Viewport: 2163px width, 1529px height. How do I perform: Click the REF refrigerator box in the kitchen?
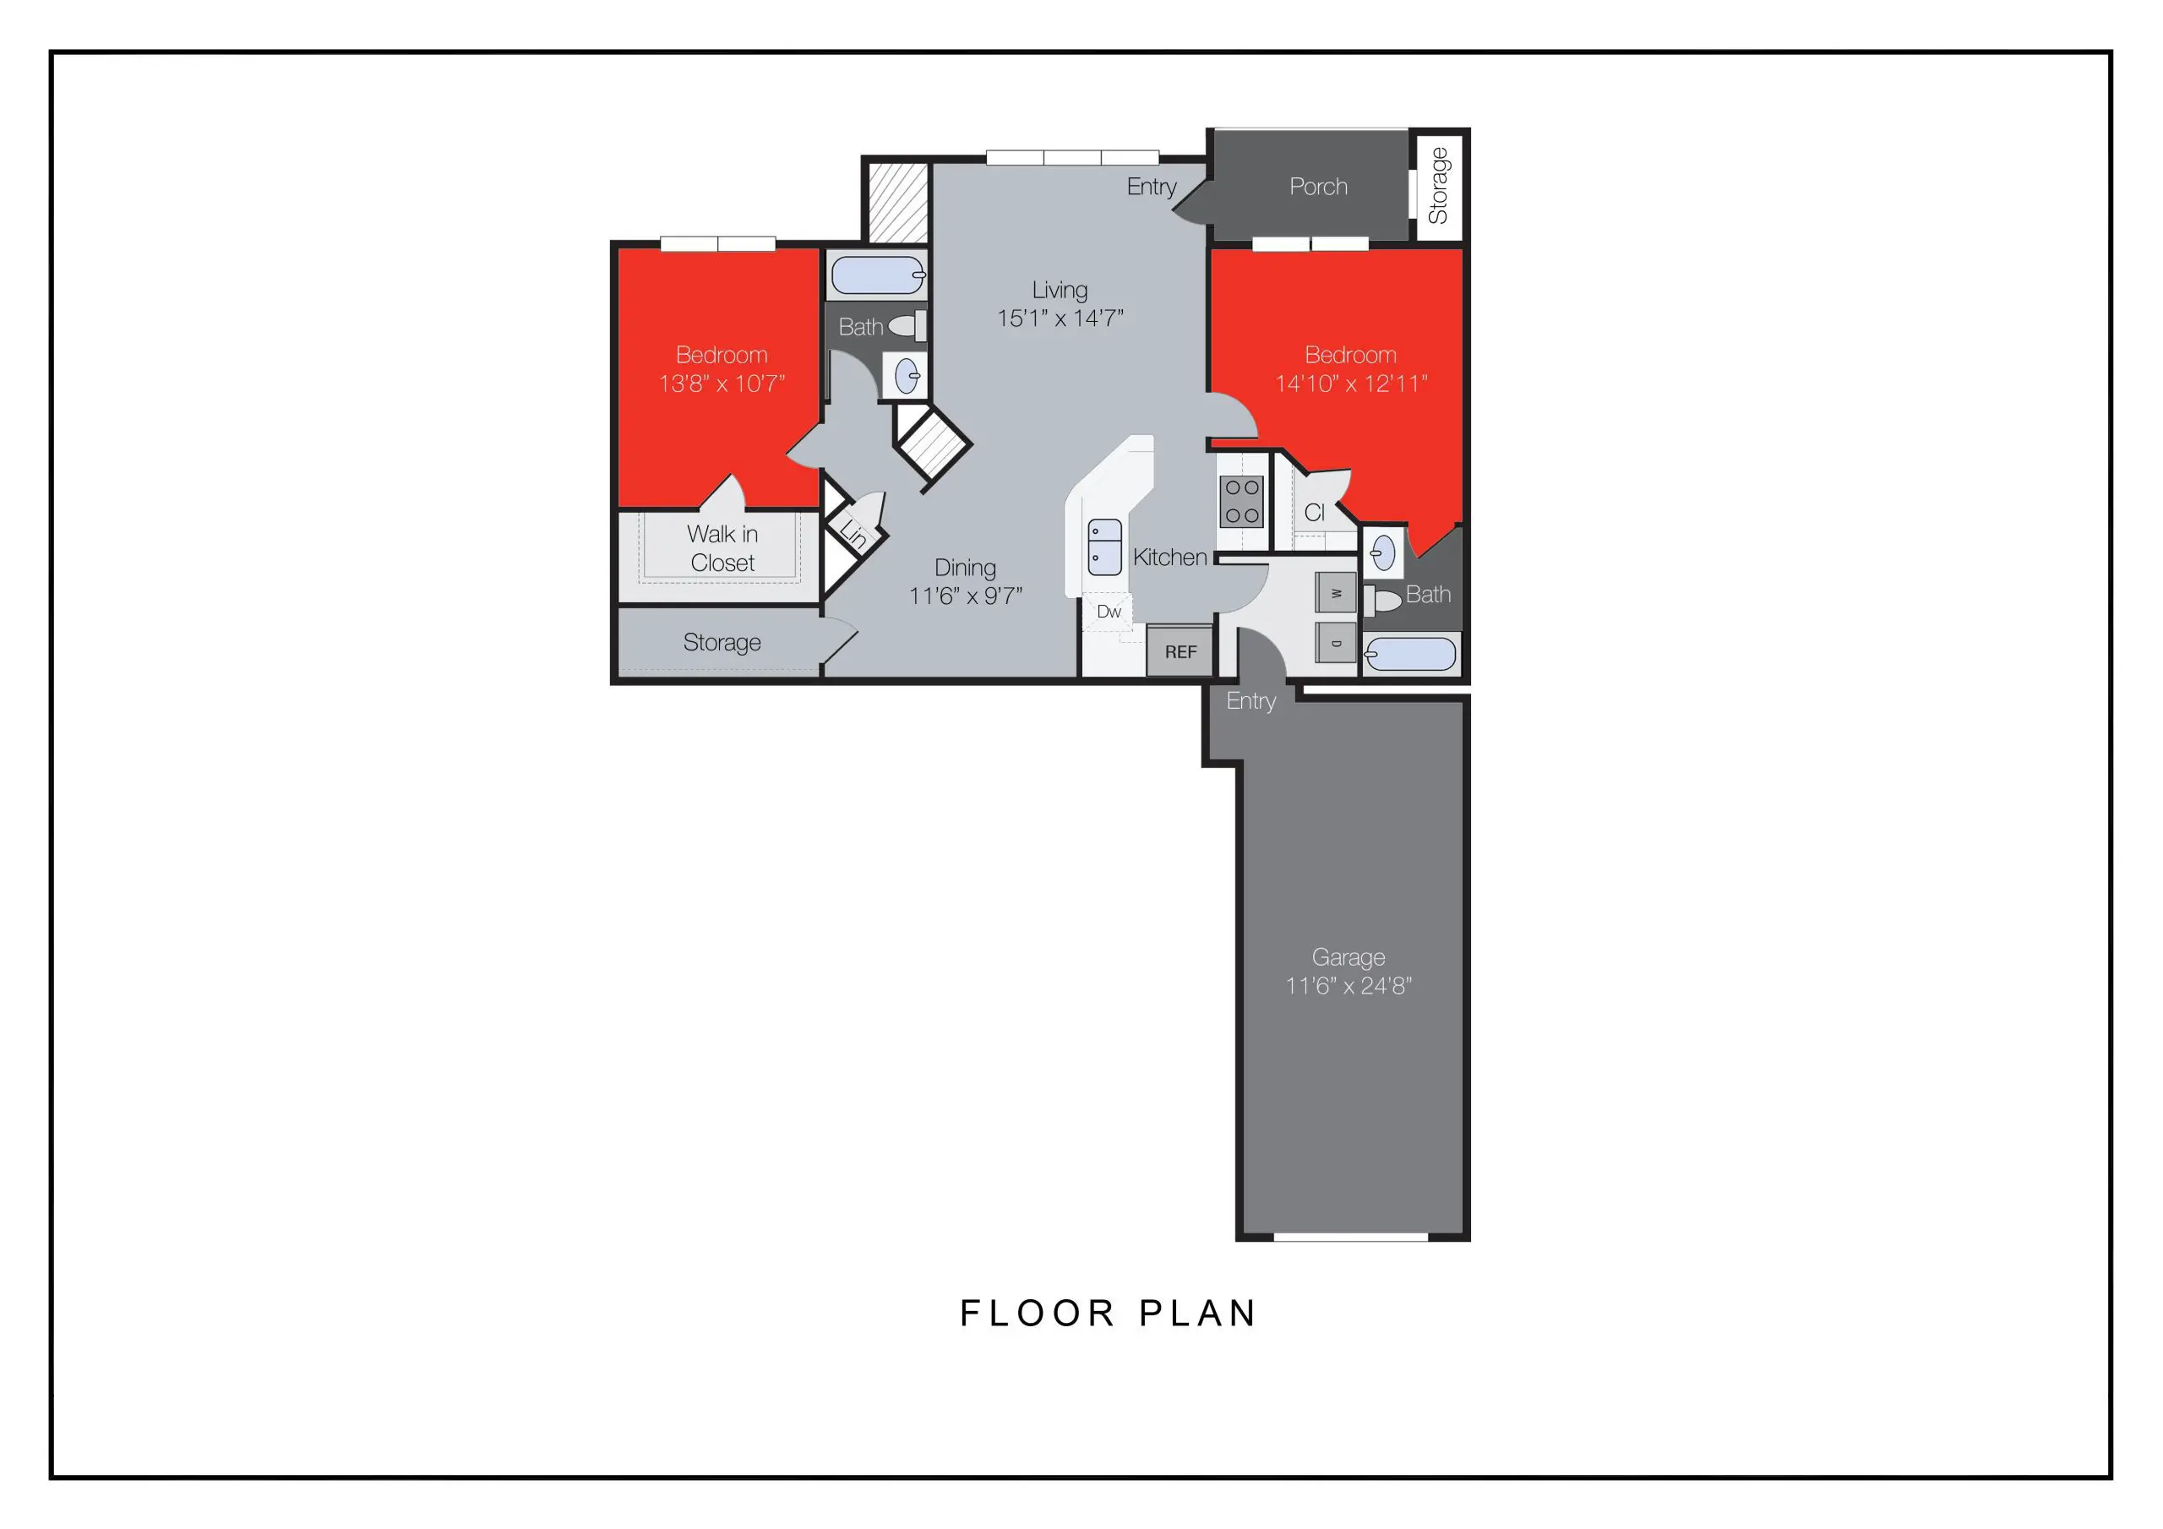coord(1180,652)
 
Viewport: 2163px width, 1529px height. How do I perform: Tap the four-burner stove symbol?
coord(1242,501)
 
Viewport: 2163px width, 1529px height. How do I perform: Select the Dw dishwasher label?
coord(1109,612)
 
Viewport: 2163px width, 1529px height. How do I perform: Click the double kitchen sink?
coord(1104,547)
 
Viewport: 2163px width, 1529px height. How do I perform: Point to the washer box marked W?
coord(1336,592)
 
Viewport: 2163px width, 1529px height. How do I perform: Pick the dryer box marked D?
coord(1336,643)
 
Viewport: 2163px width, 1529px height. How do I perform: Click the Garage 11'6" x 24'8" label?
coord(1348,971)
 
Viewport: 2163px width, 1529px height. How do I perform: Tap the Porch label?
coord(1318,187)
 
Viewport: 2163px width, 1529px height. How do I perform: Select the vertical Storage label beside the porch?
coord(1437,187)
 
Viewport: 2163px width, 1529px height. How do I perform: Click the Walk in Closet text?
coord(722,548)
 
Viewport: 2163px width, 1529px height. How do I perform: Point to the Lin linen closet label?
coord(853,534)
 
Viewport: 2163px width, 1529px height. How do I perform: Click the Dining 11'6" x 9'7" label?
coord(965,581)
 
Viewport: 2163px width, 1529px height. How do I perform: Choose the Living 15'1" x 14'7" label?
coord(1060,303)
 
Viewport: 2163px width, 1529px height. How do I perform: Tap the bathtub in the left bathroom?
coord(877,276)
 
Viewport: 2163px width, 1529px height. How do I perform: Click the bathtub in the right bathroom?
coord(1410,654)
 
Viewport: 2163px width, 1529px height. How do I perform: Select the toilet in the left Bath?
coord(907,326)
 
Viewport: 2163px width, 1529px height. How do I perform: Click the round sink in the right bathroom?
coord(1383,553)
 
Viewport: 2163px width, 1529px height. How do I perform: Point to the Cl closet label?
coord(1314,513)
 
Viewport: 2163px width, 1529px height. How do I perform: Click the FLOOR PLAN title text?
coord(1108,1314)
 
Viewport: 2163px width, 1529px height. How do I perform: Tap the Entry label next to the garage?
coord(1250,701)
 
